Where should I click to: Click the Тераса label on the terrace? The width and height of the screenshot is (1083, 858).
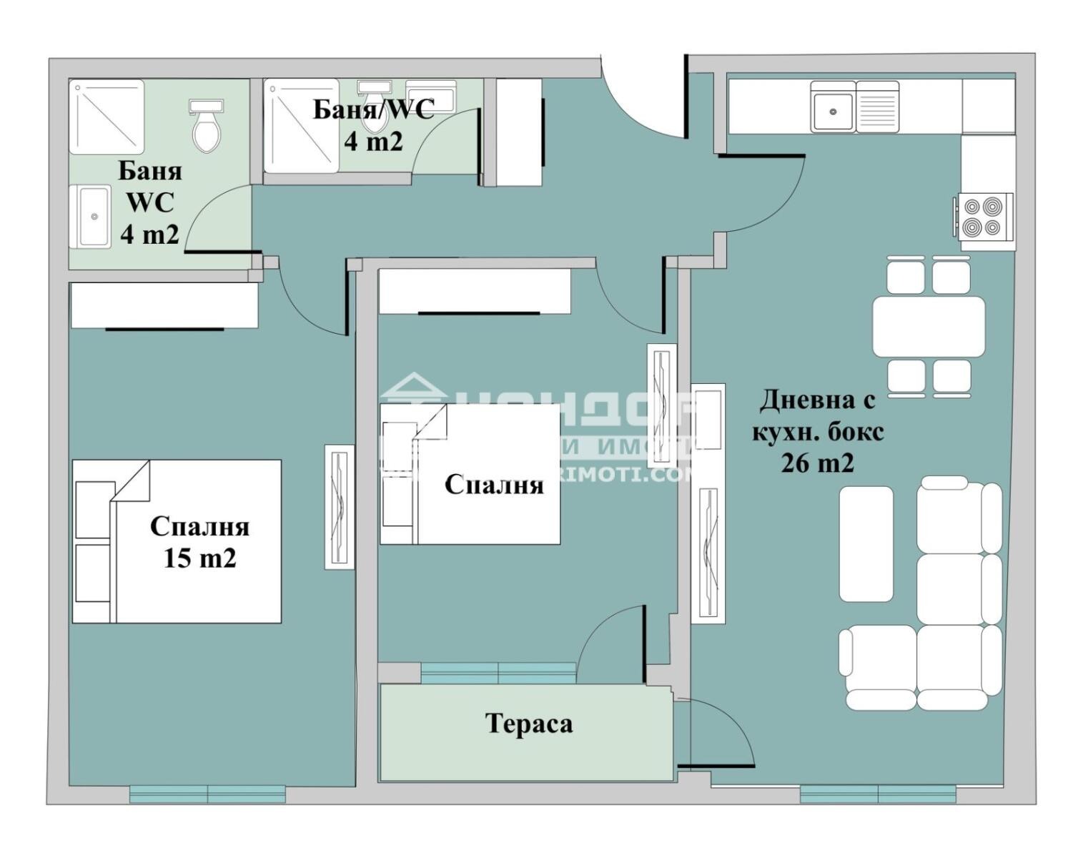pos(529,724)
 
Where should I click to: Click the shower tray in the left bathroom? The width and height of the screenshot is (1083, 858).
pos(107,117)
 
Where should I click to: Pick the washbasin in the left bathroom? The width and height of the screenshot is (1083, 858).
pos(90,216)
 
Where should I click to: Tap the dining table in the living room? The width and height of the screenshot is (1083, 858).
pos(928,327)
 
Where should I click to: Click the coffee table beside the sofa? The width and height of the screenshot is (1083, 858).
pos(866,544)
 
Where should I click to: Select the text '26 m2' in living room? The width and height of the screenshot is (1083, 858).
pos(817,464)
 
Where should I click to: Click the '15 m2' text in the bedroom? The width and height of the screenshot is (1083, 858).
pos(199,558)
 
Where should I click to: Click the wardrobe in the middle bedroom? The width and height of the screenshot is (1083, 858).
pos(475,291)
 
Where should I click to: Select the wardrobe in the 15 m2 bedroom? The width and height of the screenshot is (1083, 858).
pos(164,306)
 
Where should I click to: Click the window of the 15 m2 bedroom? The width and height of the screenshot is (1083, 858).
pos(207,794)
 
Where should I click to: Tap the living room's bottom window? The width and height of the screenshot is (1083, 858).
pos(877,794)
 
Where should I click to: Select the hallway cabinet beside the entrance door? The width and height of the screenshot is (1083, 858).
pos(518,132)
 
